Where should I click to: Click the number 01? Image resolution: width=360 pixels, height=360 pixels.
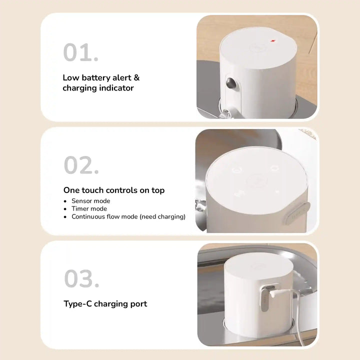point(80,52)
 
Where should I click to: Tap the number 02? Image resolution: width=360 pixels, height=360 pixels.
point(80,165)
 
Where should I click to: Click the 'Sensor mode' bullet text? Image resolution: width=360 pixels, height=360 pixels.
point(90,200)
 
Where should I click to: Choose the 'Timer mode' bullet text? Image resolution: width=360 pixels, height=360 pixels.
point(89,208)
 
